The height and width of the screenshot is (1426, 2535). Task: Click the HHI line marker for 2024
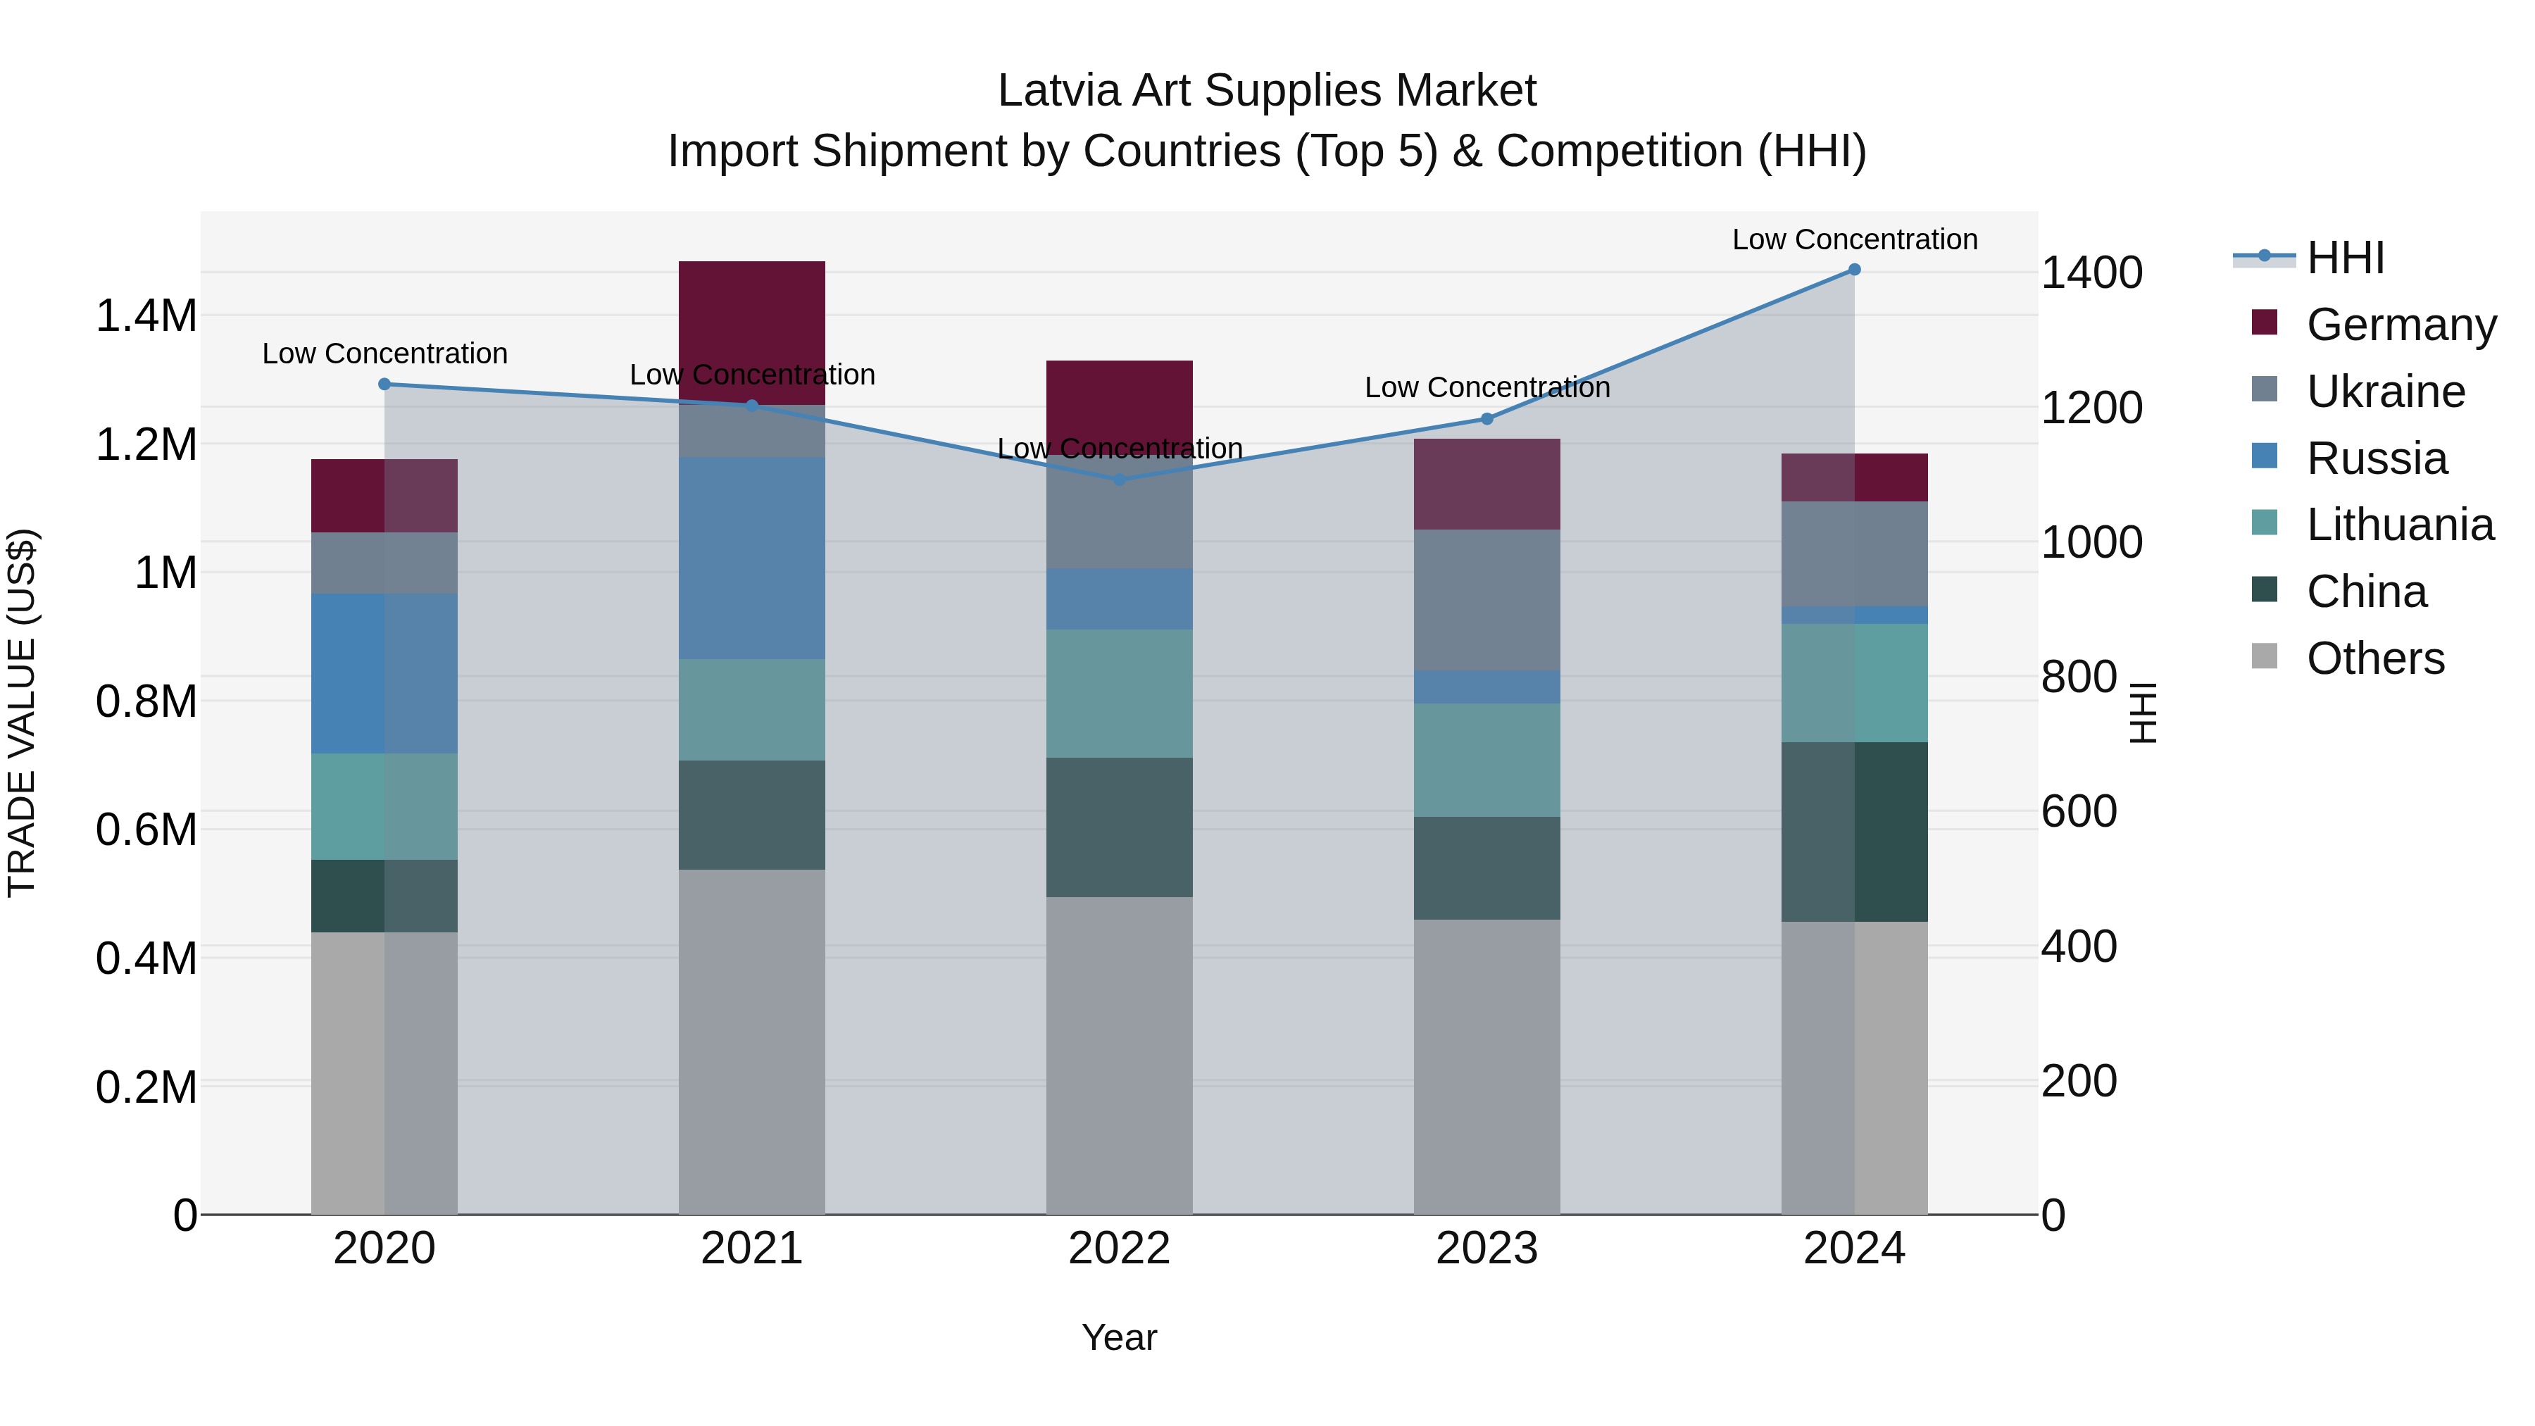click(x=1854, y=270)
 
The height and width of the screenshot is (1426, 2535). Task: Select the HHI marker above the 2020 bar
click(x=384, y=384)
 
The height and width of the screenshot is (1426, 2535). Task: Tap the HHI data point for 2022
click(x=1119, y=480)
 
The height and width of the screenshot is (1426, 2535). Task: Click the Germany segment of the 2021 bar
click(x=752, y=330)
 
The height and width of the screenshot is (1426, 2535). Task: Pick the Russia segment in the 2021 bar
click(x=752, y=557)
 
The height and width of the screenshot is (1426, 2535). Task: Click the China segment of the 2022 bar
click(x=1119, y=827)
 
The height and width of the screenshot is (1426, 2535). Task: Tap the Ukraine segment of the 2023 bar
click(x=1487, y=600)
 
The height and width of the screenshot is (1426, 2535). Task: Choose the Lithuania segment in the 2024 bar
click(x=1854, y=683)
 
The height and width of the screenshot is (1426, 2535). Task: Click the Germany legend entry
click(x=2401, y=325)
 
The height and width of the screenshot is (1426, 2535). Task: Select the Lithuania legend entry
click(x=2399, y=525)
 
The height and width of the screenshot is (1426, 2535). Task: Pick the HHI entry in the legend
click(x=2345, y=258)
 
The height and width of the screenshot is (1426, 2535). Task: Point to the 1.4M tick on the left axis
click(x=146, y=317)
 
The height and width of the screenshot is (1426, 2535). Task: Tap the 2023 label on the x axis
click(x=1487, y=1249)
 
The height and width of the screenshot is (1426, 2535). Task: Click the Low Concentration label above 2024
click(x=1854, y=240)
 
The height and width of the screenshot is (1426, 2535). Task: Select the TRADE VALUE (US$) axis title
click(x=22, y=713)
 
